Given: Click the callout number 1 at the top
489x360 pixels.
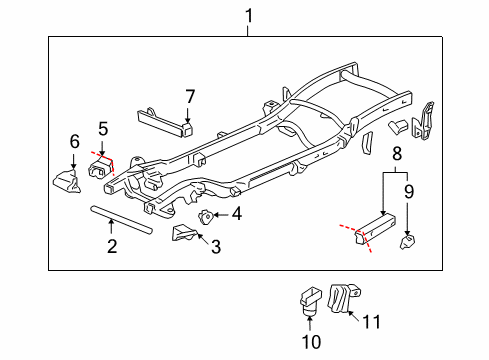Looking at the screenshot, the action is pos(249,16).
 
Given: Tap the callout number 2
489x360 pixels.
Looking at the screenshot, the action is pos(112,246).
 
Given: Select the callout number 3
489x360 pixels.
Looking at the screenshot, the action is pos(216,247).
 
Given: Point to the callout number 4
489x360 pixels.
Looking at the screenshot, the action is pos(237,214).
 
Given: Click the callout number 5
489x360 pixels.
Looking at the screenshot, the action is pos(103,129).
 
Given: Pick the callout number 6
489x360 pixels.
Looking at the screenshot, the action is pos(75,141).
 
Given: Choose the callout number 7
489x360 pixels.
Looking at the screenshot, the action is pos(190,97).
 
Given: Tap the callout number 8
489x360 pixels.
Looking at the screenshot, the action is pos(397,154).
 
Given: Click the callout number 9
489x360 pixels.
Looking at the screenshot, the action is pos(409,191).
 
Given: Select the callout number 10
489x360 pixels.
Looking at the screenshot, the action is pos(311,342).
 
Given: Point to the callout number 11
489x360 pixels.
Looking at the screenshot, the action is pos(371,322).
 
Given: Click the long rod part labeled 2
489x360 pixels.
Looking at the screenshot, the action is pos(121,220).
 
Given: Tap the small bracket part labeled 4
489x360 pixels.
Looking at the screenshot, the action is pos(205,217).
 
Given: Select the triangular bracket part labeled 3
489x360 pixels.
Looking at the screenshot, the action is pos(184,233).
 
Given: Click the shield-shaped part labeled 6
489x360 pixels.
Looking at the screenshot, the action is pos(67,182).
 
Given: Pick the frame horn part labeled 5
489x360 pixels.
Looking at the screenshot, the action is pos(100,168).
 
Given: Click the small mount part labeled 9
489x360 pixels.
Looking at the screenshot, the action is pos(407,242).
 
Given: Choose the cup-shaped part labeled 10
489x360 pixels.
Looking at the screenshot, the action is pos(310,301).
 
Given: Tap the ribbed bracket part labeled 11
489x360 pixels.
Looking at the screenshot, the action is pos(343,298).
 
